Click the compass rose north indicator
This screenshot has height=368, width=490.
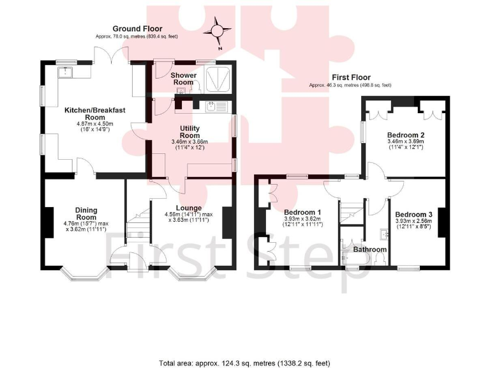point(219,31)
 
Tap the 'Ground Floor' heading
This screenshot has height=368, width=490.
point(137,29)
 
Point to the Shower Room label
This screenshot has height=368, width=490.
point(182,79)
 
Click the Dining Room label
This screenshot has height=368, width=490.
point(85,213)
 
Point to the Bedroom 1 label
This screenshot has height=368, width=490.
point(302,213)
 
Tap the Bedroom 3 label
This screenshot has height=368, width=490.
point(413,214)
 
